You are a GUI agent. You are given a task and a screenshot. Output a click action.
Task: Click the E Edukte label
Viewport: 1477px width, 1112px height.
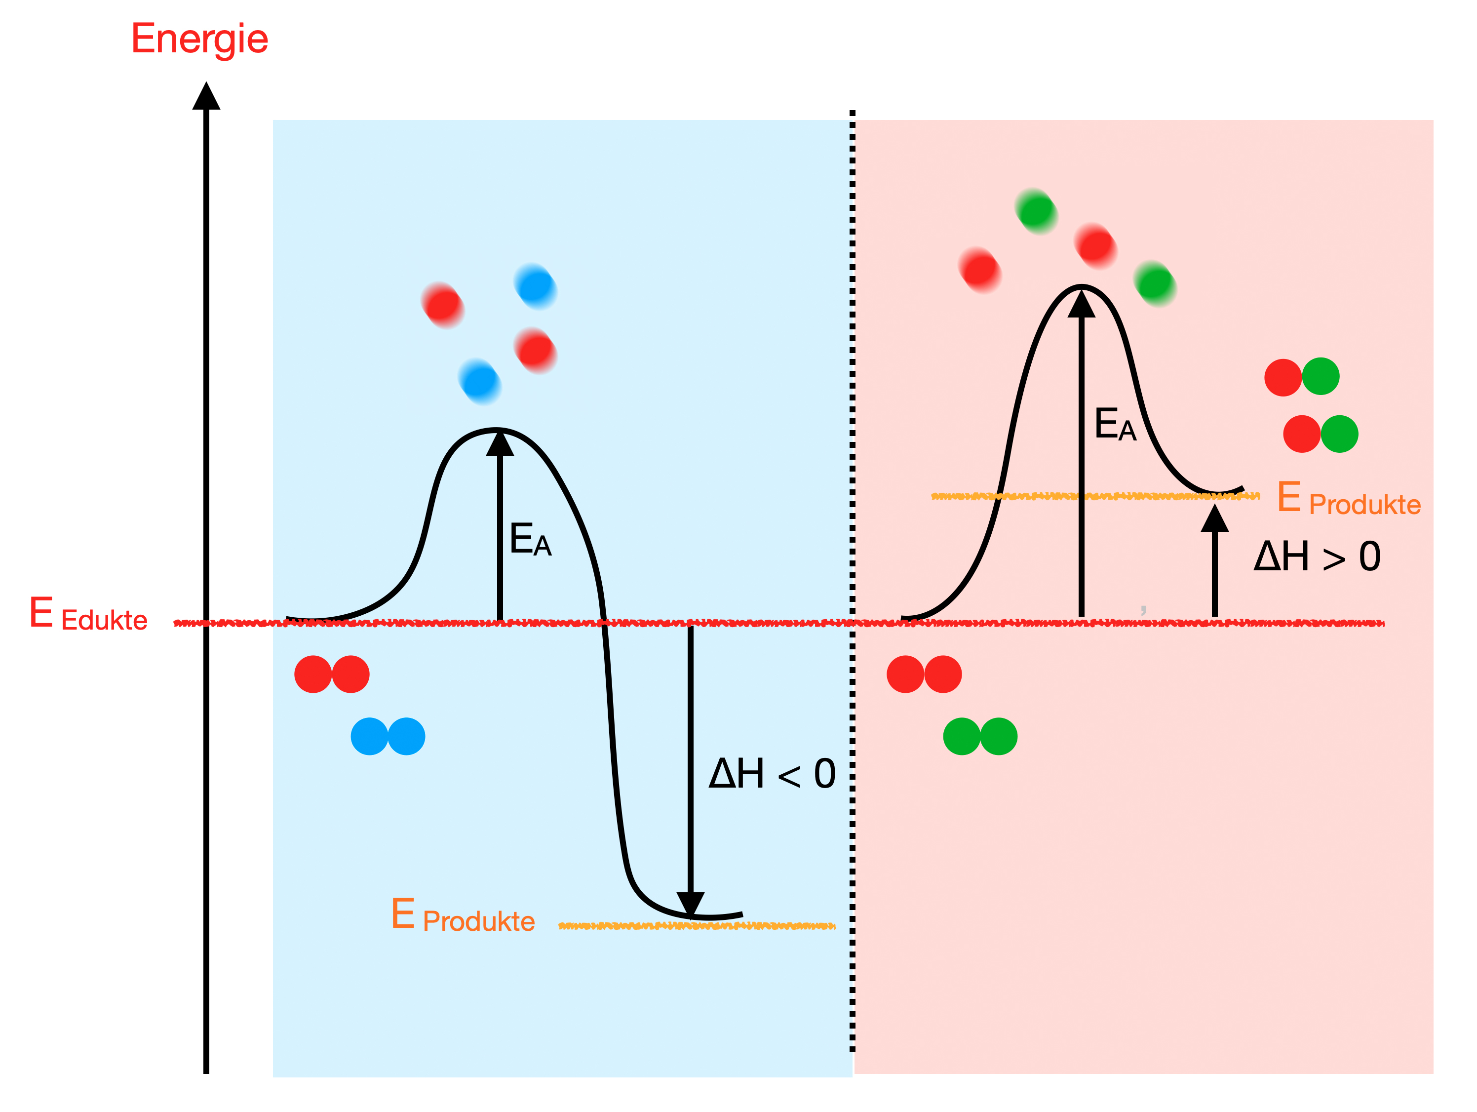tap(88, 614)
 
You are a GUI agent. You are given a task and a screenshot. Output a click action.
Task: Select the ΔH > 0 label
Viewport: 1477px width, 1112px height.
tap(1317, 557)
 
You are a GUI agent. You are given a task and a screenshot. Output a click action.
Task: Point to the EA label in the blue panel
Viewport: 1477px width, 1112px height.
tap(530, 540)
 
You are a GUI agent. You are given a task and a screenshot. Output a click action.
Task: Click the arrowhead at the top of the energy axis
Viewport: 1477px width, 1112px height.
tap(206, 96)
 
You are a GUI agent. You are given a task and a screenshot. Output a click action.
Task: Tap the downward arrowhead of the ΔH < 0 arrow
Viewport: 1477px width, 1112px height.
tap(691, 903)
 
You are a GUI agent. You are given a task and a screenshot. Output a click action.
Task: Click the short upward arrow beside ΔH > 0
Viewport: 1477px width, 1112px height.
tap(1214, 561)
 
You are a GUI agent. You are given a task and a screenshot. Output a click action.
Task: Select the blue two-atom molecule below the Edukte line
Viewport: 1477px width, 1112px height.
tap(388, 737)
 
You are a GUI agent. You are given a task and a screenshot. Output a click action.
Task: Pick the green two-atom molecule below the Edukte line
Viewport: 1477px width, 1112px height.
tap(980, 737)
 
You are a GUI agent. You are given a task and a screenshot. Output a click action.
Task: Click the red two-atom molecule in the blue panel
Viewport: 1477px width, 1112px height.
tap(332, 675)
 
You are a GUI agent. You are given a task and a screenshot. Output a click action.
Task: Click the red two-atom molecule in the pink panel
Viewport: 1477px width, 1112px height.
tap(924, 675)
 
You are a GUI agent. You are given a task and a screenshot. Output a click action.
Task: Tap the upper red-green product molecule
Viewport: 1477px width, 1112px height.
tap(1301, 377)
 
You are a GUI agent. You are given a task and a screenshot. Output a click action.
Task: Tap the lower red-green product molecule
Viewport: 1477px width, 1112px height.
tap(1320, 434)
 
